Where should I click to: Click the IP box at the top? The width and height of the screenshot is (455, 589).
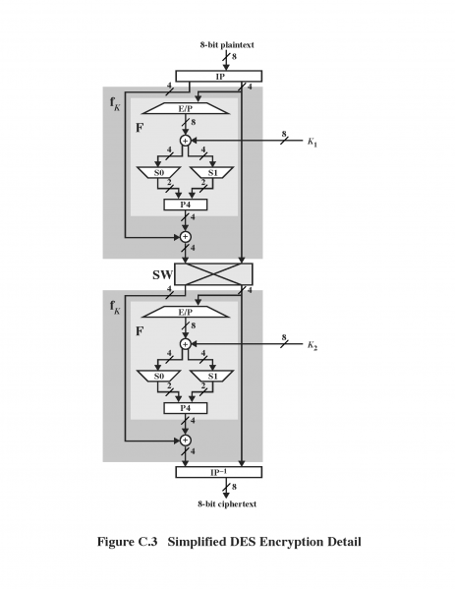tap(219, 76)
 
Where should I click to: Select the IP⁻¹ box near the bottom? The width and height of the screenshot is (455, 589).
tap(219, 473)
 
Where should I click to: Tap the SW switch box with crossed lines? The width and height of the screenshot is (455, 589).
tap(214, 273)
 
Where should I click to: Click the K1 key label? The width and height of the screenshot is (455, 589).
tap(312, 143)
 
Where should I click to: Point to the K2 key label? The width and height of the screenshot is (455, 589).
tap(312, 346)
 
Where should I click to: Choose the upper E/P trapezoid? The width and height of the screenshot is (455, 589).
tap(185, 108)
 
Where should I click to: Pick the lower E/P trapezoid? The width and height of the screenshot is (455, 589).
tap(185, 312)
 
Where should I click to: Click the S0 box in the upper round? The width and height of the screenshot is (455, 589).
tap(158, 173)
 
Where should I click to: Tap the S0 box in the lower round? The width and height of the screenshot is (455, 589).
tap(158, 376)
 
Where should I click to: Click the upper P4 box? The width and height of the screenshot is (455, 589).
tap(185, 206)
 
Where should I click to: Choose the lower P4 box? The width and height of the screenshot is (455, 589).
tap(185, 408)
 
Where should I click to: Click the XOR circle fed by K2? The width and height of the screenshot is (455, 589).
tap(185, 344)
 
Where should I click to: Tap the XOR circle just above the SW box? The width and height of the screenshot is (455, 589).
tap(185, 237)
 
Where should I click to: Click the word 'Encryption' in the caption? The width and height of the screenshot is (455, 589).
tap(284, 542)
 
